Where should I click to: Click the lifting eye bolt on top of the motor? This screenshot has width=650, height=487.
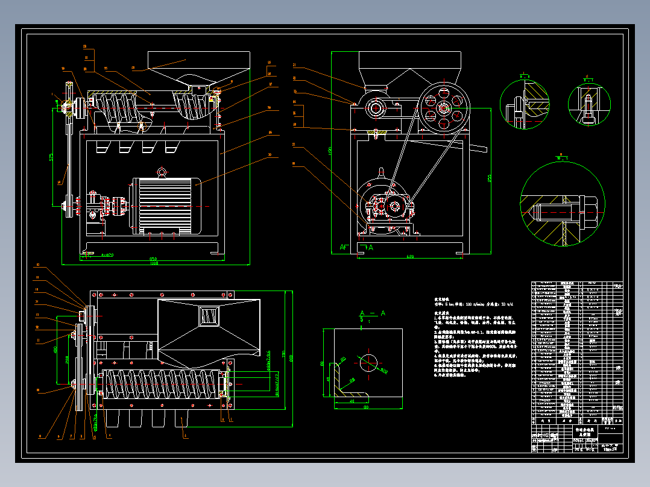tap(162, 173)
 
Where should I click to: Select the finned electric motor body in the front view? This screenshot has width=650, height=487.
tap(166, 205)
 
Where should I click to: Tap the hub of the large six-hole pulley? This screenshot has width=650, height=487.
tap(444, 108)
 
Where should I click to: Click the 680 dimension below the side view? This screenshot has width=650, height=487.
tap(409, 257)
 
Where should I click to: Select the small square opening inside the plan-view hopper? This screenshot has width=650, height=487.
tap(209, 316)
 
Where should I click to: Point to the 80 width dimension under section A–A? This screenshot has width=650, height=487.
tap(365, 407)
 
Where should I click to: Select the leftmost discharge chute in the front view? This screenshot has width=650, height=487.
tap(103, 146)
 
